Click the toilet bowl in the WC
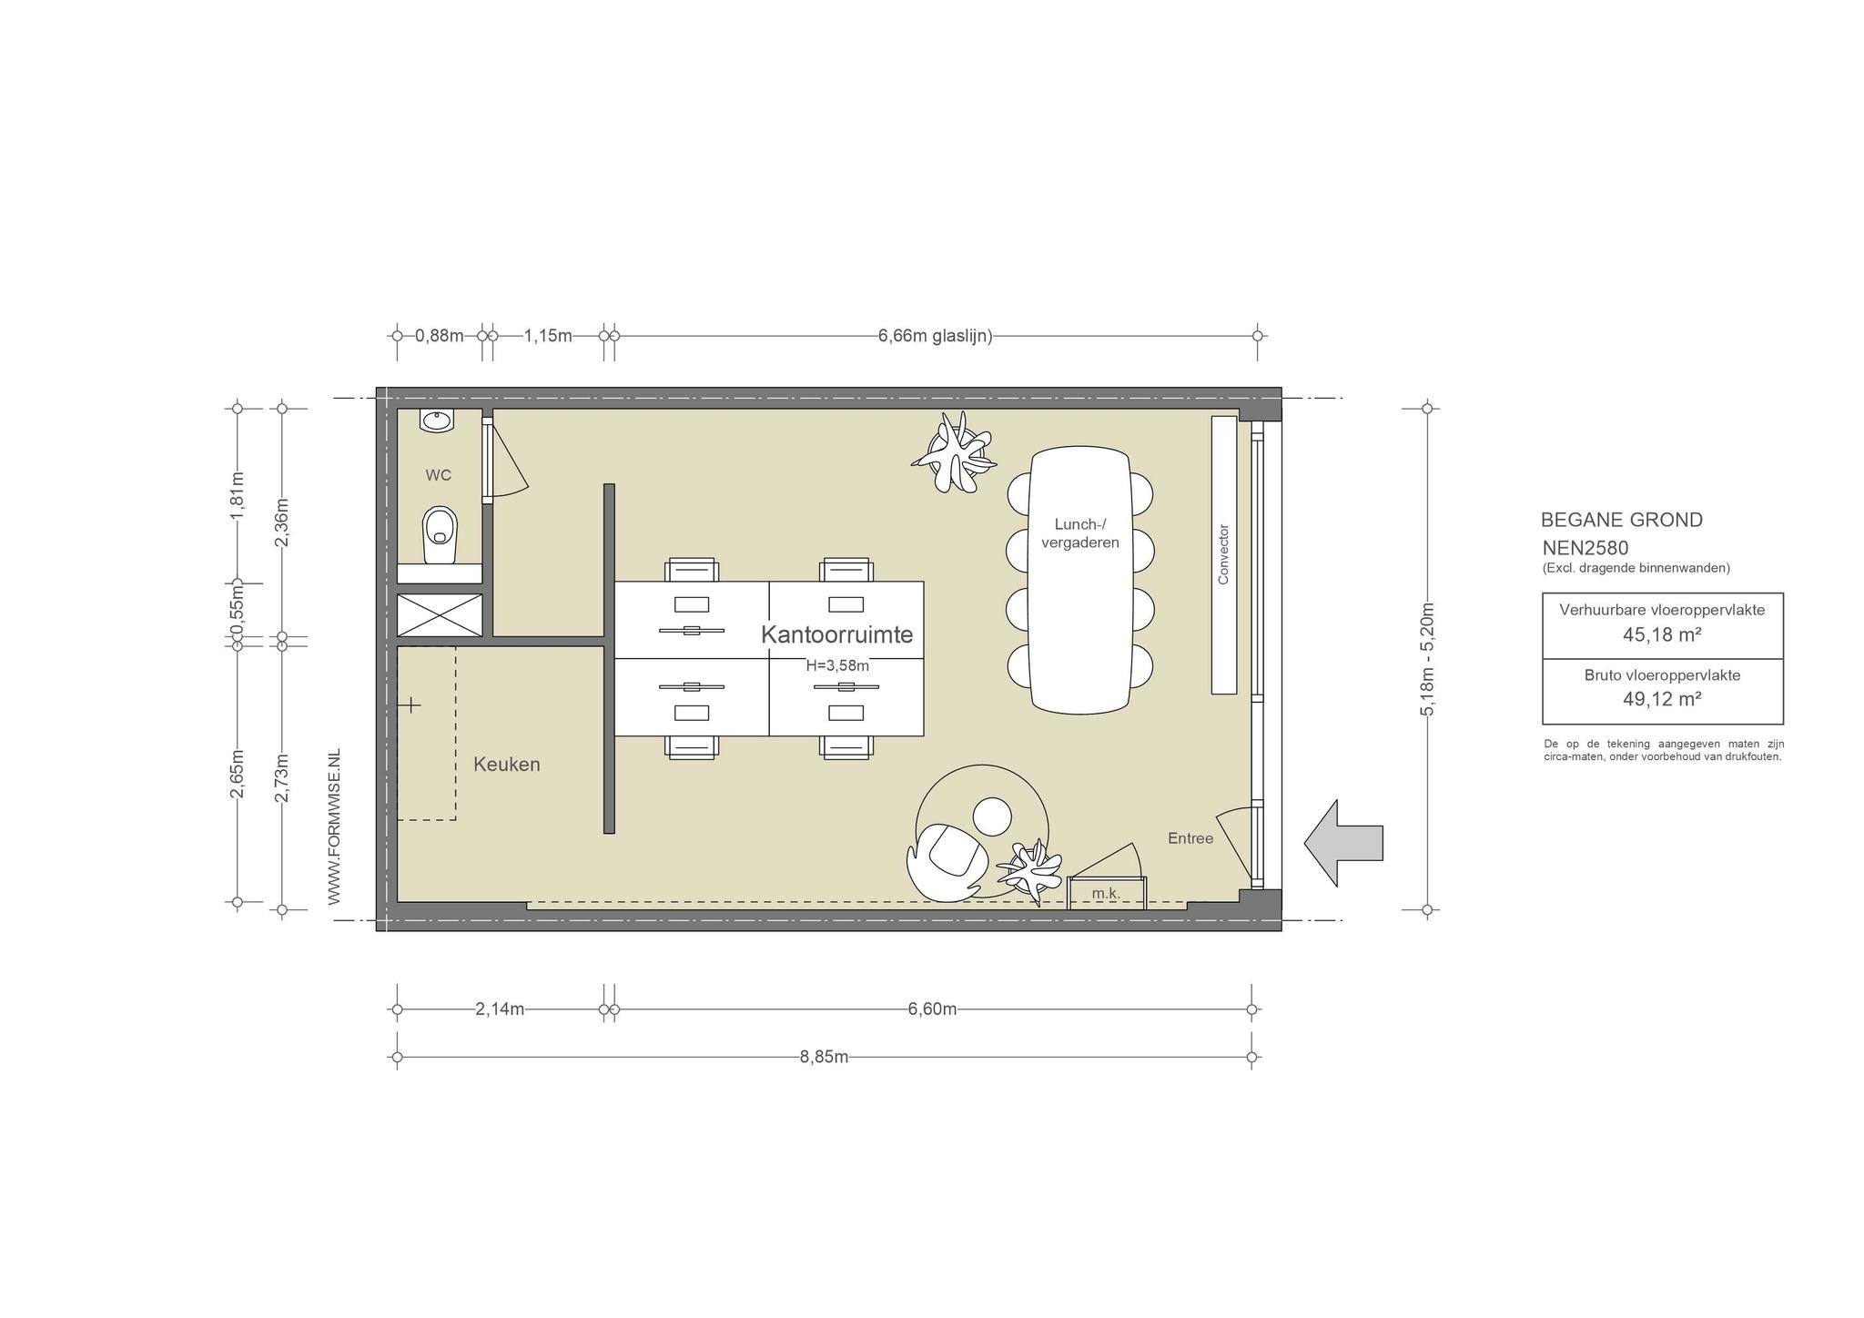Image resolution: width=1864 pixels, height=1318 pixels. [x=440, y=535]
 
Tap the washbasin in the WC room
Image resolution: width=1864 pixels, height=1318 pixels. [x=437, y=421]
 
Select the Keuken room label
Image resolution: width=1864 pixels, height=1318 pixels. [x=507, y=765]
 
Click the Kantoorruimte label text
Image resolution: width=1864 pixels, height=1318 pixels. [x=836, y=634]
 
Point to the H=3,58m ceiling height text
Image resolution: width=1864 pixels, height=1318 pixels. [x=837, y=665]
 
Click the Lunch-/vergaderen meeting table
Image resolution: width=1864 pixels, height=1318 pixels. [x=1080, y=579]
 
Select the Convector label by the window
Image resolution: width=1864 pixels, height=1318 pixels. [x=1223, y=553]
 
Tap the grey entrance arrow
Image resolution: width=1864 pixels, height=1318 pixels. [x=1343, y=843]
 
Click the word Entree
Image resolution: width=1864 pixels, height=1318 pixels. [x=1190, y=838]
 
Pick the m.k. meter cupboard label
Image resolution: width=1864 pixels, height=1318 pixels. [x=1106, y=894]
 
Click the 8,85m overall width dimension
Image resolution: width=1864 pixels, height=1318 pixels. [x=825, y=1057]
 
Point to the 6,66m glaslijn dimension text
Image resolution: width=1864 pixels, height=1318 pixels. [x=935, y=336]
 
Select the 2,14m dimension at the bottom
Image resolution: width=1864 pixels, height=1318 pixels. [x=500, y=1009]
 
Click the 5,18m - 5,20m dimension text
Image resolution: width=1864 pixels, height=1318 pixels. [x=1427, y=658]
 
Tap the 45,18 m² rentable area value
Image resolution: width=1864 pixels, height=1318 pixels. [x=1662, y=634]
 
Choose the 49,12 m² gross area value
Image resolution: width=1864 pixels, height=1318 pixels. [x=1662, y=698]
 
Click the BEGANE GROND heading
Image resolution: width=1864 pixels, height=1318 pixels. [x=1622, y=520]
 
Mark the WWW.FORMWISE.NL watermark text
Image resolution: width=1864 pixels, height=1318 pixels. [x=334, y=827]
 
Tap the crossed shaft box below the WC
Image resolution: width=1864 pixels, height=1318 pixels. [x=440, y=615]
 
